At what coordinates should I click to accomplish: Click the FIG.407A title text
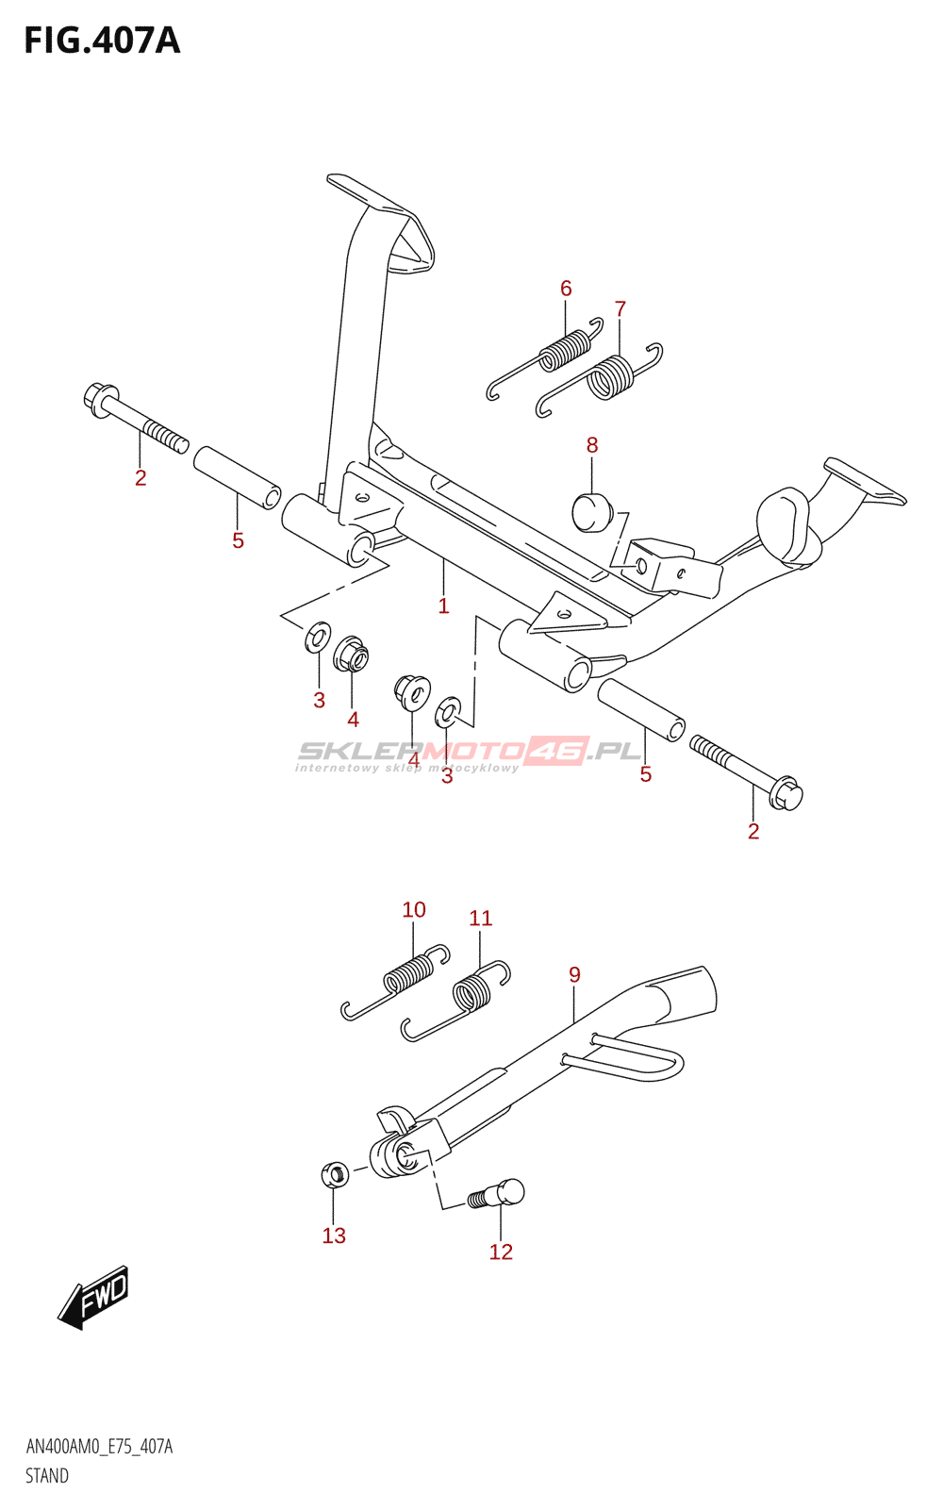102,41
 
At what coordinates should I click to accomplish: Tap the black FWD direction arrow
92,1298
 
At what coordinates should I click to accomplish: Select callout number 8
592,445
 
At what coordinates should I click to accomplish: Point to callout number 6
566,289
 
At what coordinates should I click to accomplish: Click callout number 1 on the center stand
443,606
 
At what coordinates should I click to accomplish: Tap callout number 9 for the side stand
575,974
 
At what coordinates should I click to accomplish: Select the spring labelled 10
405,976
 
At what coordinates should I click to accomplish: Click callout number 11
481,918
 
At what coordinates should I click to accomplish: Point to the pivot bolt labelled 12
498,1194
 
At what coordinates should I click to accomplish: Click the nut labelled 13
335,1175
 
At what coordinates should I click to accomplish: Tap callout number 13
334,1235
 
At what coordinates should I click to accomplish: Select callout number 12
501,1252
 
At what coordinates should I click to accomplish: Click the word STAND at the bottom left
47,1476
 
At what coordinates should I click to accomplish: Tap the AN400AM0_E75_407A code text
99,1447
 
